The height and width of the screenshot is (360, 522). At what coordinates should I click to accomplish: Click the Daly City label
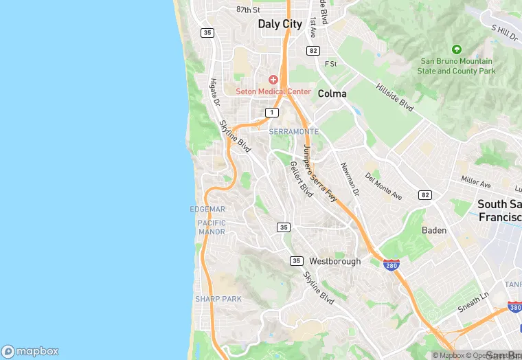point(280,24)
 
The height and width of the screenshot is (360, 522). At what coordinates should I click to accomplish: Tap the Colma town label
point(332,93)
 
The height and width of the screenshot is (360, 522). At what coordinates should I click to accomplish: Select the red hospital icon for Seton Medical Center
point(273,80)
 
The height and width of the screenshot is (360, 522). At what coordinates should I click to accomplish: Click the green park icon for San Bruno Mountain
point(456,49)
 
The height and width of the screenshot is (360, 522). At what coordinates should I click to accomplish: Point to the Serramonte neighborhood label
point(294,131)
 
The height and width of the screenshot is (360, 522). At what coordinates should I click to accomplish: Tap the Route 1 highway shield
point(273,112)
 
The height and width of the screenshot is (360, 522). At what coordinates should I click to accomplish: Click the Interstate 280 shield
point(391,265)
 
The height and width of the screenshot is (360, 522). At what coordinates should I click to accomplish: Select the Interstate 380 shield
point(514,307)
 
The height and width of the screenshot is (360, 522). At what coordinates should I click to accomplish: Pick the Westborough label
point(334,261)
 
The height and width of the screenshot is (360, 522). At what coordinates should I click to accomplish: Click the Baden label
point(434,230)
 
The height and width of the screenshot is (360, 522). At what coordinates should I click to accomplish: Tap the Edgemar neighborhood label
point(207,209)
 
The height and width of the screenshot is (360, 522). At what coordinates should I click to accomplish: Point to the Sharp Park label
point(218,299)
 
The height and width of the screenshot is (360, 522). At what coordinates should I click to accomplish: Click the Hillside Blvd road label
point(395,98)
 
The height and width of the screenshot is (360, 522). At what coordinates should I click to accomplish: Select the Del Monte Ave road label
point(383,185)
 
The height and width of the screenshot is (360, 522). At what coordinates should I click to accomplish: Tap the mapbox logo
point(30,351)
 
